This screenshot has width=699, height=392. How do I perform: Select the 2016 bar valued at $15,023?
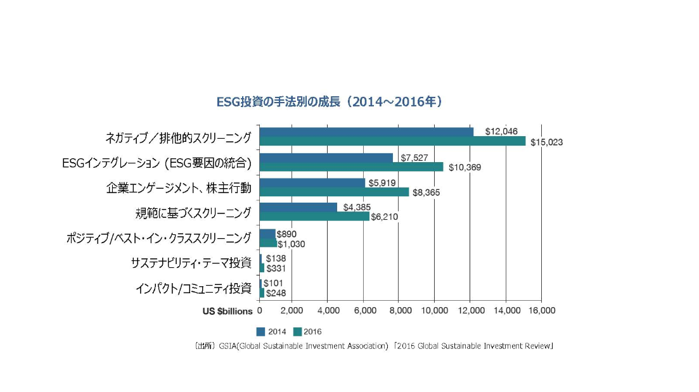pos(392,141)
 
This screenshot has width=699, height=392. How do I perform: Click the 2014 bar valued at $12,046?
pos(366,132)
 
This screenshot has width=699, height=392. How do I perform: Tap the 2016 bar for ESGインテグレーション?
pos(351,167)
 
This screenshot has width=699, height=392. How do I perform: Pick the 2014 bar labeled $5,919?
pos(312,183)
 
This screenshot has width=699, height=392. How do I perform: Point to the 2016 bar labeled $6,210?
pos(314,217)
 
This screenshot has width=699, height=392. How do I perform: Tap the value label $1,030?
pos(291,243)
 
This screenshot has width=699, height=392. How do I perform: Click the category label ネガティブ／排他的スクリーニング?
pos(179,137)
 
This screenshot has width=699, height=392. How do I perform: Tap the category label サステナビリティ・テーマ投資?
pos(191,263)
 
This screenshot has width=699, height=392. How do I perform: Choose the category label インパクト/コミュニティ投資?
pos(193,288)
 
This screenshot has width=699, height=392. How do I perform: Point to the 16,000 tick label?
pos(541,310)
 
